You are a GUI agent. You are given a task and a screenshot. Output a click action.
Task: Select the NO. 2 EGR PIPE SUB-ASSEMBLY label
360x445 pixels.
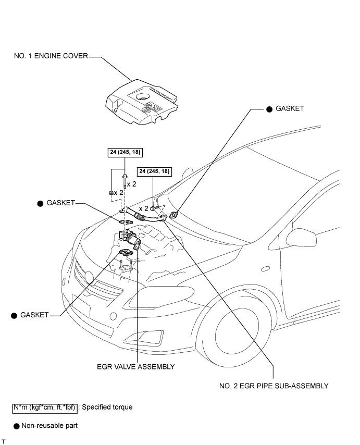274,386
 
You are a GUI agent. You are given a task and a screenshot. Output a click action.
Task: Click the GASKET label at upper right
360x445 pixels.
289,109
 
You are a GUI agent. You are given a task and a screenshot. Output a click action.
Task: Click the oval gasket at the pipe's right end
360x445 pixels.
175,213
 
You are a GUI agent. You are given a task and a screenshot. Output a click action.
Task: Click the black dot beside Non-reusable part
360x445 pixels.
17,426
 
